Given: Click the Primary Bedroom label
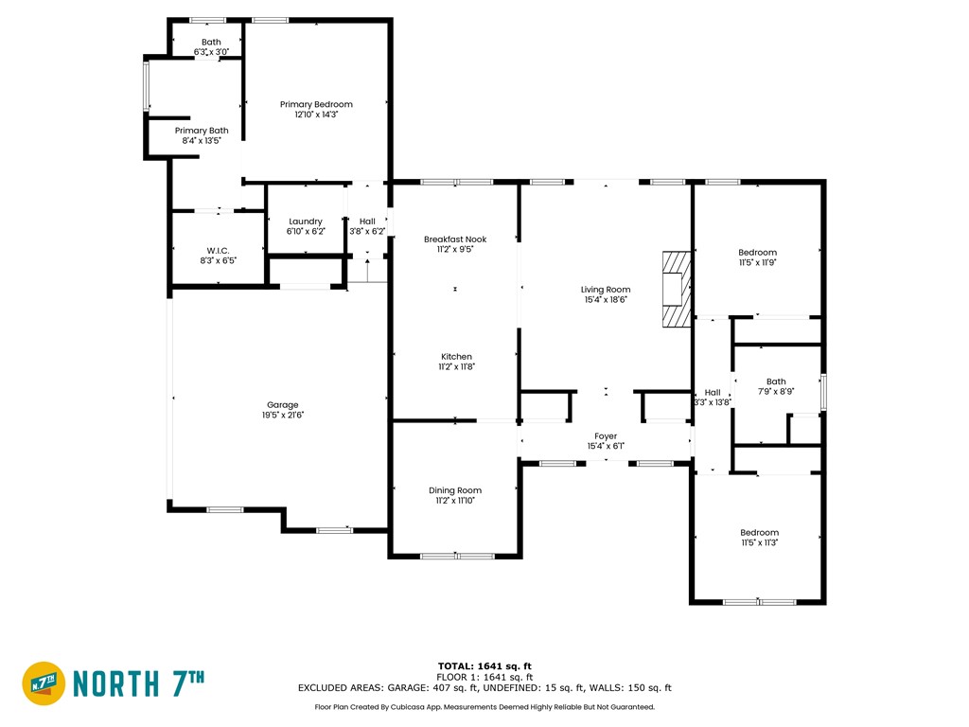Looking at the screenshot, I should click(x=316, y=104).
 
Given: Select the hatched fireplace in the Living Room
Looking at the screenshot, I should click(x=676, y=290).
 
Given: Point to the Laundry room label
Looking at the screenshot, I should click(x=305, y=222).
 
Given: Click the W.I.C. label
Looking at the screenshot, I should click(x=218, y=250).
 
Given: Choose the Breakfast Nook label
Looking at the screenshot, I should click(x=454, y=239).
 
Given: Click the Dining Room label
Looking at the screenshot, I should click(x=455, y=490).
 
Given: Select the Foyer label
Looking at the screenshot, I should click(x=606, y=436).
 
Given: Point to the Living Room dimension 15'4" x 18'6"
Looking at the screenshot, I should click(x=606, y=299).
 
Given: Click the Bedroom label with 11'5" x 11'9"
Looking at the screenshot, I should click(x=757, y=252).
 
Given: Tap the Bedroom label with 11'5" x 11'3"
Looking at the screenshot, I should click(x=759, y=532).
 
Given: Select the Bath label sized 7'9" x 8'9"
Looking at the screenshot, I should click(x=776, y=382).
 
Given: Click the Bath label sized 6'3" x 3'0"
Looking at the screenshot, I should click(x=210, y=42).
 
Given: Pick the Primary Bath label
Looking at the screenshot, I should click(x=202, y=131).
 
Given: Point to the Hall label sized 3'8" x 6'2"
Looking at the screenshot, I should click(x=367, y=222).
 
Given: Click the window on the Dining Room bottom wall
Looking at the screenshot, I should click(x=457, y=556).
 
